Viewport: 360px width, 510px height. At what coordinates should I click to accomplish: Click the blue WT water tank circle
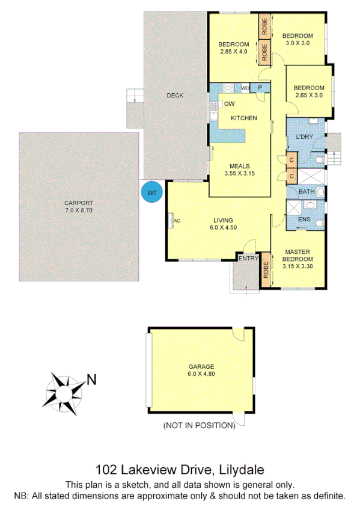click(x=151, y=192)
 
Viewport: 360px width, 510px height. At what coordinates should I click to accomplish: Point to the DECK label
click(x=175, y=96)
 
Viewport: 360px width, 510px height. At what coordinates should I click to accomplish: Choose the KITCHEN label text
click(x=244, y=118)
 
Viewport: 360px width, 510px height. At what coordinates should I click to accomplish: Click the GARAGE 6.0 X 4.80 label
click(x=201, y=370)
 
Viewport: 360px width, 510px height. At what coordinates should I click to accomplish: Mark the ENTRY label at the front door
click(x=248, y=259)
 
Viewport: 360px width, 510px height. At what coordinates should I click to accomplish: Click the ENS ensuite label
click(x=304, y=220)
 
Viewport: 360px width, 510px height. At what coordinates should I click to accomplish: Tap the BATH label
click(x=307, y=192)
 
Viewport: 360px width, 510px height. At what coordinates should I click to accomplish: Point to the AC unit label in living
click(x=177, y=221)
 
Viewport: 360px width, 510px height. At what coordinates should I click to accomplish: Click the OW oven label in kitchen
click(x=229, y=104)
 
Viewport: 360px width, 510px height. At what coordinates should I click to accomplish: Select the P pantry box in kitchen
click(x=260, y=88)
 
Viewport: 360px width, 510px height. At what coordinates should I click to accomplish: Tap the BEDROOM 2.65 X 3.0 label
click(x=308, y=91)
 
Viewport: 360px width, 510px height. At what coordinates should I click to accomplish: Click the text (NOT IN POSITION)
click(x=199, y=426)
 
